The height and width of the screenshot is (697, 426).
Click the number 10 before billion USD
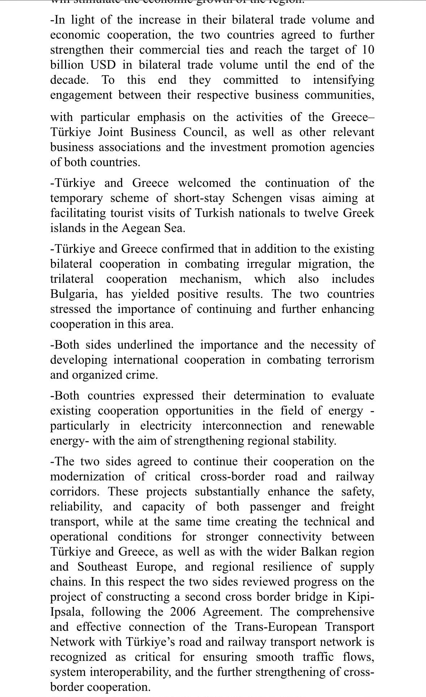(x=366, y=50)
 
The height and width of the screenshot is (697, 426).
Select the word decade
(x=69, y=80)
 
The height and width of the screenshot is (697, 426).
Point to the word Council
(x=205, y=132)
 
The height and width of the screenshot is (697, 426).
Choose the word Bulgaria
(x=74, y=294)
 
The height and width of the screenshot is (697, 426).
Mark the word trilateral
(x=72, y=279)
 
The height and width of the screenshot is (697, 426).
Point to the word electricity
(x=166, y=426)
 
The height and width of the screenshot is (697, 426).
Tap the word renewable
(x=348, y=426)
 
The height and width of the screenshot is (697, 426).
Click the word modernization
(x=87, y=477)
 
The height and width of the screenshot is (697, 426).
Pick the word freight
(x=357, y=507)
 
